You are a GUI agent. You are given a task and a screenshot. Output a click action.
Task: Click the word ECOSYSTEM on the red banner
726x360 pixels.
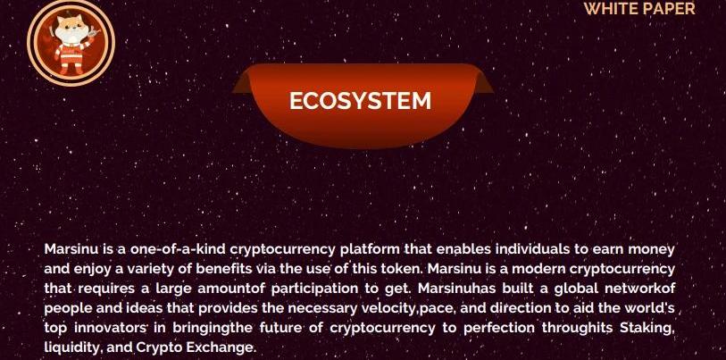360,101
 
